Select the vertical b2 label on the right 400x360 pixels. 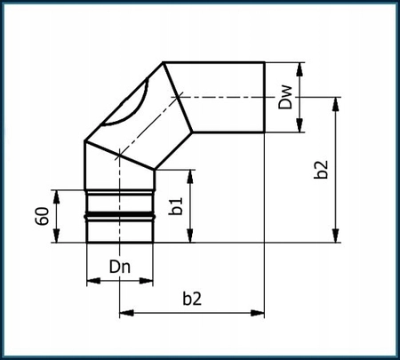tap(321, 169)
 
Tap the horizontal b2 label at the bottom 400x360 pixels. tap(191, 300)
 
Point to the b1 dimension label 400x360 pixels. tap(178, 206)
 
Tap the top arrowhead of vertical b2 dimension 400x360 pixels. tap(335, 102)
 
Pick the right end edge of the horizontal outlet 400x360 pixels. tap(265, 98)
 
